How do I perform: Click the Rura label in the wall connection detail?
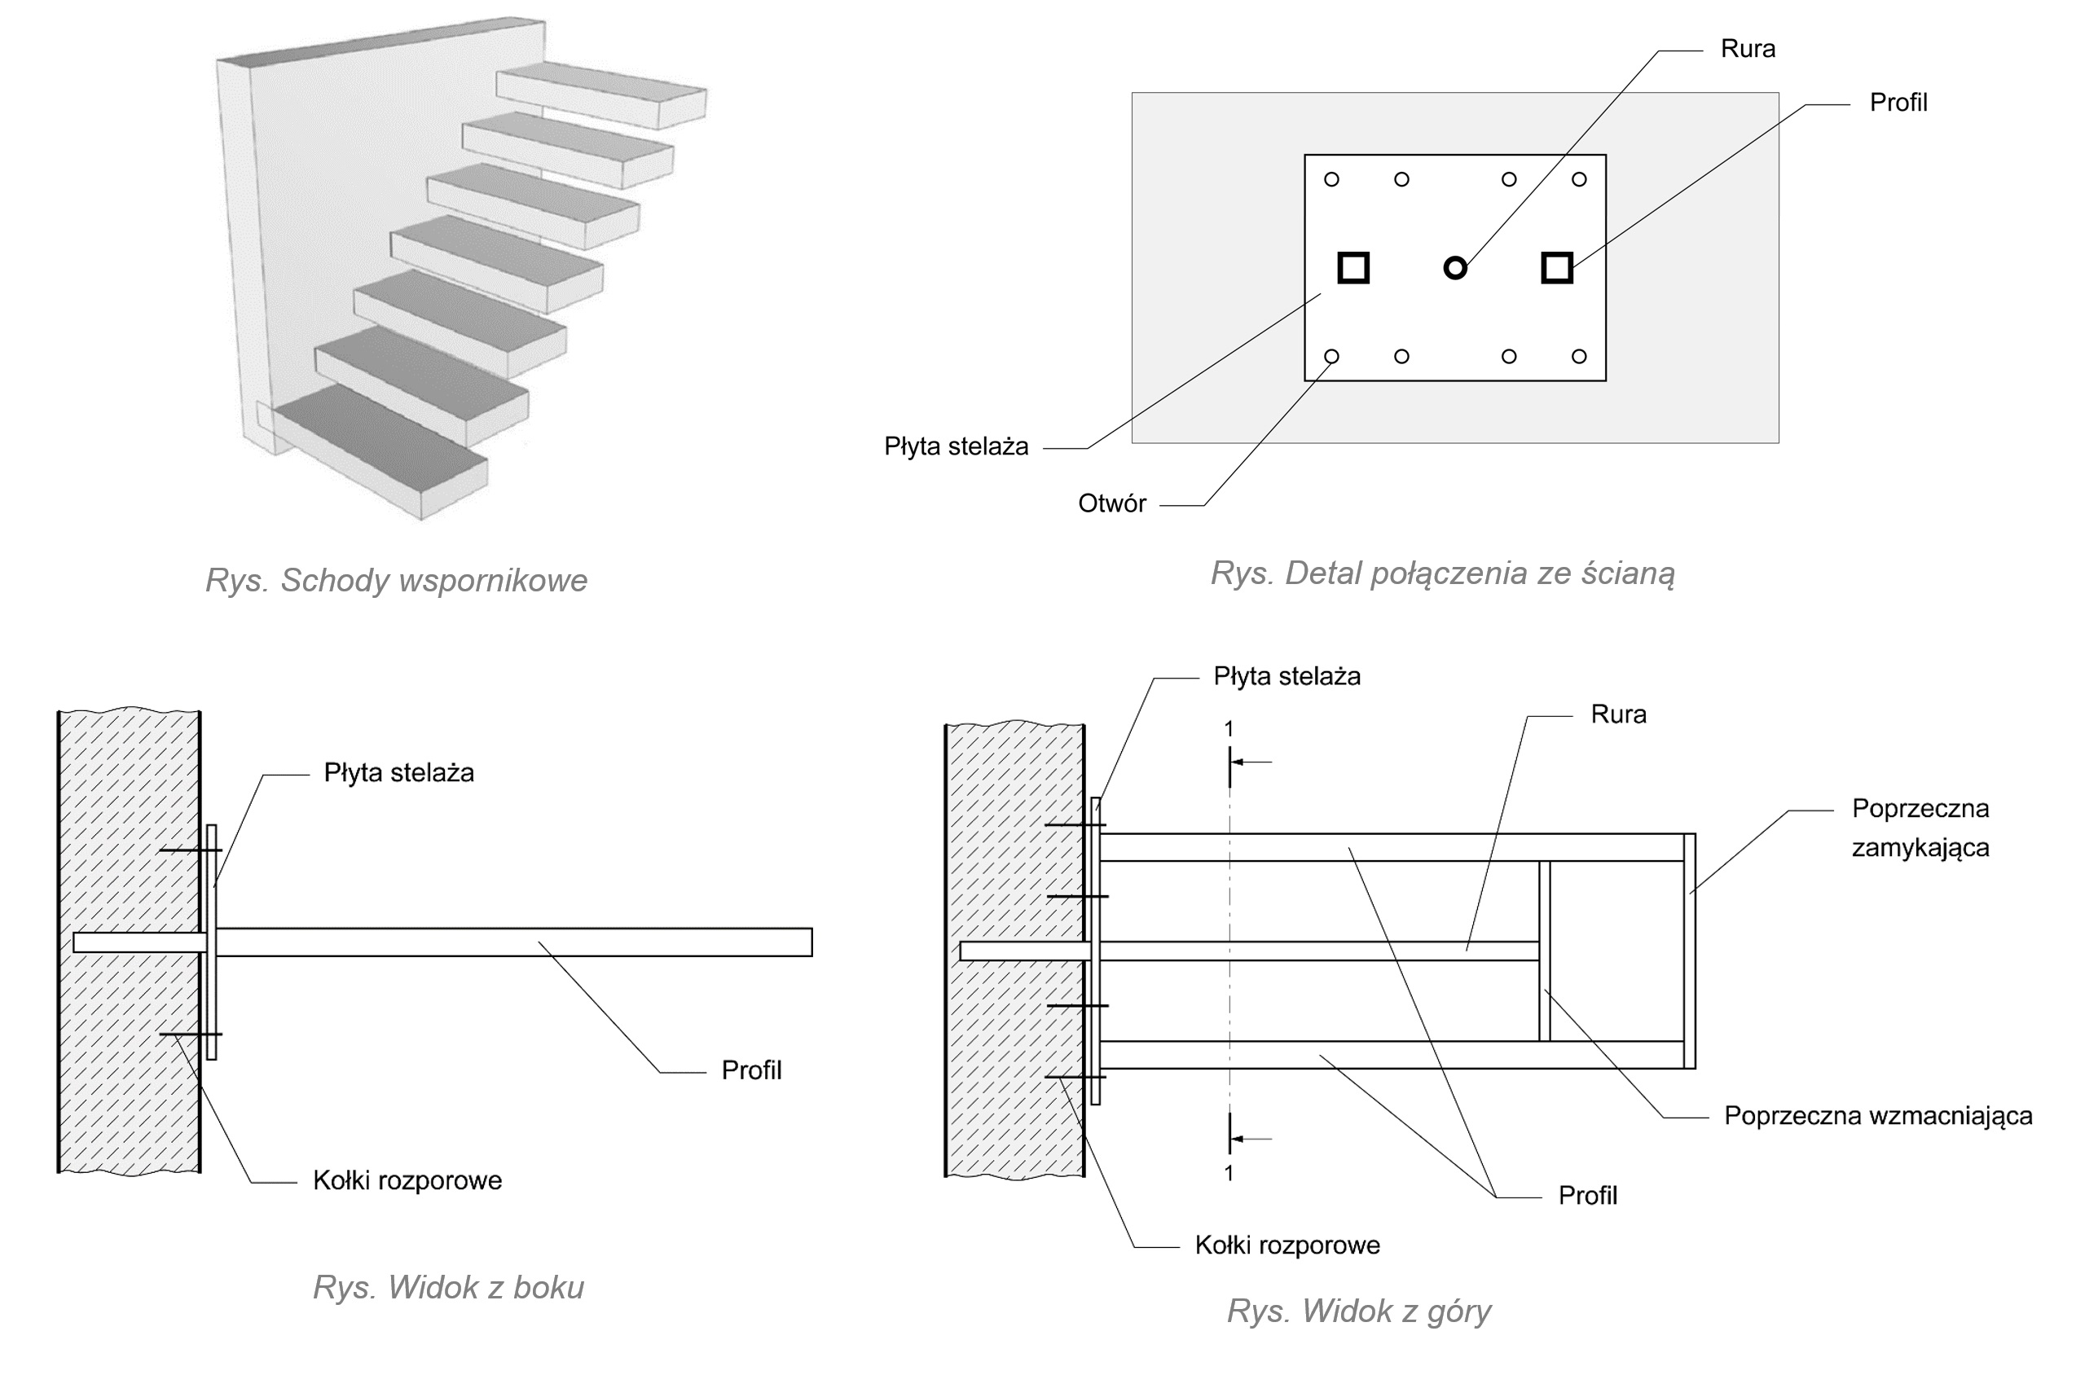[x=1747, y=49]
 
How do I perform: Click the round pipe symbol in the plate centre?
[x=1455, y=267]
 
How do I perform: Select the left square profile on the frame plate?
[x=1353, y=267]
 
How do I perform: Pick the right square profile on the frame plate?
[x=1557, y=267]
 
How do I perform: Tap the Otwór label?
[x=1111, y=504]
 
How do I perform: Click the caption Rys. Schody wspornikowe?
[x=397, y=581]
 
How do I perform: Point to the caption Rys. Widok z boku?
[x=448, y=1287]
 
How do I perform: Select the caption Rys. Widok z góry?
[x=1358, y=1311]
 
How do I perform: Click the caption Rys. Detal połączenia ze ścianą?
[x=1443, y=573]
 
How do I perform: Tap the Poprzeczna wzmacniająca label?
[x=1878, y=1116]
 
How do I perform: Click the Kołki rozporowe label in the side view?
[x=407, y=1181]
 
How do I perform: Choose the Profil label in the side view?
[x=750, y=1070]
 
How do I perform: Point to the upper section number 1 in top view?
[x=1229, y=729]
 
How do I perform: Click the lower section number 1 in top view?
[x=1229, y=1173]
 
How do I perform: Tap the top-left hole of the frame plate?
[x=1331, y=180]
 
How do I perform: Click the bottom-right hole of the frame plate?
[x=1579, y=357]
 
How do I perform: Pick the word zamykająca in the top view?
[x=1920, y=848]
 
